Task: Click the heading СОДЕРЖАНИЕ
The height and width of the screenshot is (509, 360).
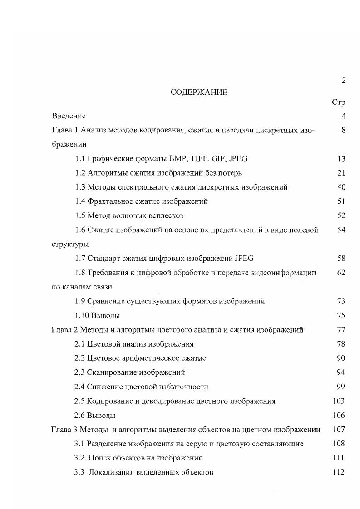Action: point(199,92)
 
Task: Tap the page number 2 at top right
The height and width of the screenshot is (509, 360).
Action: point(343,80)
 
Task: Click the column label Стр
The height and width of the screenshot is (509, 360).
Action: point(339,103)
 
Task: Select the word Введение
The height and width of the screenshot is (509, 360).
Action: point(69,116)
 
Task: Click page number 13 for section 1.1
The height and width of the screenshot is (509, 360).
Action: point(341,159)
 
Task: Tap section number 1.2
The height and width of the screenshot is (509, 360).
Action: point(80,173)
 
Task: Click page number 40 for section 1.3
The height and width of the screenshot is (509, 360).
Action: point(341,187)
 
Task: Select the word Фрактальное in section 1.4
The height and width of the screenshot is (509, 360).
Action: point(108,201)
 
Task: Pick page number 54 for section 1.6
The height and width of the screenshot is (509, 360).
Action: point(341,230)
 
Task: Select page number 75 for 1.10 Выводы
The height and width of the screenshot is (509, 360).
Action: point(341,315)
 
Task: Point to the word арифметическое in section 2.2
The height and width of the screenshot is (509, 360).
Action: point(149,358)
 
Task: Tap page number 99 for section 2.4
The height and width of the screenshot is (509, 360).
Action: point(341,387)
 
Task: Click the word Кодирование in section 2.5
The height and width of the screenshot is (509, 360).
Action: point(108,401)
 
